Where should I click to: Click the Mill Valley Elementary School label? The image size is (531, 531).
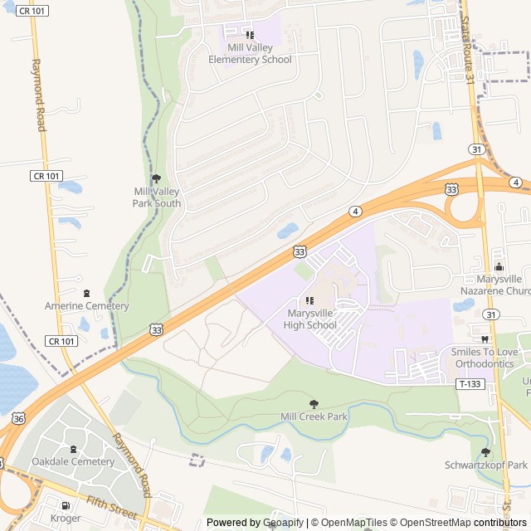[250, 54]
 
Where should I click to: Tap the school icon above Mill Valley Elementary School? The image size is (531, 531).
[250, 34]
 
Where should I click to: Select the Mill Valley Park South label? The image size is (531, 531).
[157, 197]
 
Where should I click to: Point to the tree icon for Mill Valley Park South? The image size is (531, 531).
[156, 178]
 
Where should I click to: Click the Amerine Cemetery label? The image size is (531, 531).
[86, 306]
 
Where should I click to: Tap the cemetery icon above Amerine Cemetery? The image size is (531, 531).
[86, 292]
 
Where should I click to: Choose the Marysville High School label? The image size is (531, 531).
[310, 319]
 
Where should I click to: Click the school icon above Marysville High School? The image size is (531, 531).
[309, 300]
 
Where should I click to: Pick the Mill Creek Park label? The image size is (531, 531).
[314, 417]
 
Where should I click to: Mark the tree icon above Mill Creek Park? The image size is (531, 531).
[313, 403]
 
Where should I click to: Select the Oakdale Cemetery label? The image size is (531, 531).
[73, 461]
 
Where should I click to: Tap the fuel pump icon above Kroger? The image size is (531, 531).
[65, 505]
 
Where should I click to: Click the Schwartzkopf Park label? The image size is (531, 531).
[486, 465]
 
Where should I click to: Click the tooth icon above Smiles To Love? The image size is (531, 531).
[485, 339]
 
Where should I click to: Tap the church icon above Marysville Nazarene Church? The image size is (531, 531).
[499, 266]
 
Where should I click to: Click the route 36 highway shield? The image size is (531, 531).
[18, 419]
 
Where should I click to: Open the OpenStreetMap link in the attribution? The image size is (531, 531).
[431, 523]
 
